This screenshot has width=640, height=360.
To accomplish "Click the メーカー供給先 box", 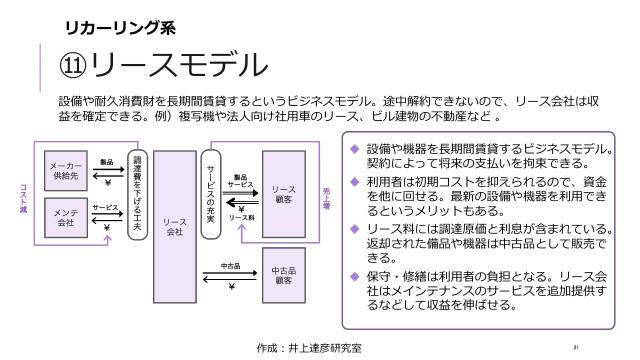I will (x=66, y=170).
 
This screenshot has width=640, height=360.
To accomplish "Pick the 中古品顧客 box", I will (x=283, y=274).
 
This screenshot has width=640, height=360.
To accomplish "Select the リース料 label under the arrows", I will (x=241, y=218).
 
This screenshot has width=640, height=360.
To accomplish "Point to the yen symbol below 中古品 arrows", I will (x=231, y=288).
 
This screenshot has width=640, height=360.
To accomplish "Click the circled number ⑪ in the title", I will (x=72, y=66).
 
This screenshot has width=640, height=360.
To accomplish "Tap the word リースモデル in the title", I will (x=180, y=65).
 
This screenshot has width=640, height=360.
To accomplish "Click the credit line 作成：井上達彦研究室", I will (x=309, y=347).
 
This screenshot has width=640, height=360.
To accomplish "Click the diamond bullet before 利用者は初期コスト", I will (x=353, y=181).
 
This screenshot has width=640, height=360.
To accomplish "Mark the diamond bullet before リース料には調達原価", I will (x=353, y=228).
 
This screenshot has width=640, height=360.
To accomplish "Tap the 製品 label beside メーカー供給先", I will (x=106, y=161).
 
